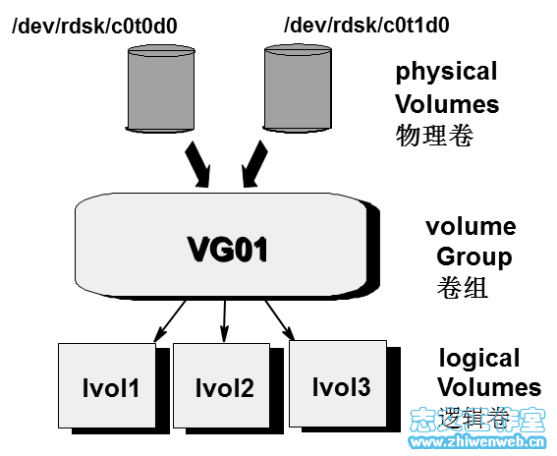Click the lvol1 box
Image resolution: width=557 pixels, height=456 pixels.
tap(111, 388)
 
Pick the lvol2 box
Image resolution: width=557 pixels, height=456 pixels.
tap(223, 388)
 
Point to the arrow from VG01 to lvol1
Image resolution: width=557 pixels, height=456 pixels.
tap(172, 319)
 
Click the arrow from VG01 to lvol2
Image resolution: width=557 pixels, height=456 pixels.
tap(226, 314)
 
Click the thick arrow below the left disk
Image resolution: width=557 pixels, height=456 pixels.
tap(197, 164)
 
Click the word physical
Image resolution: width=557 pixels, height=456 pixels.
tap(446, 72)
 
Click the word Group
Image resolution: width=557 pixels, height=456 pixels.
tap(473, 257)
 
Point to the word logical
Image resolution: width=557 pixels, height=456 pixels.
tap(479, 358)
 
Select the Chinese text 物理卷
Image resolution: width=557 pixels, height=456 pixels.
tap(434, 136)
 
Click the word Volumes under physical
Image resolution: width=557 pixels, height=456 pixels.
tap(447, 104)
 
